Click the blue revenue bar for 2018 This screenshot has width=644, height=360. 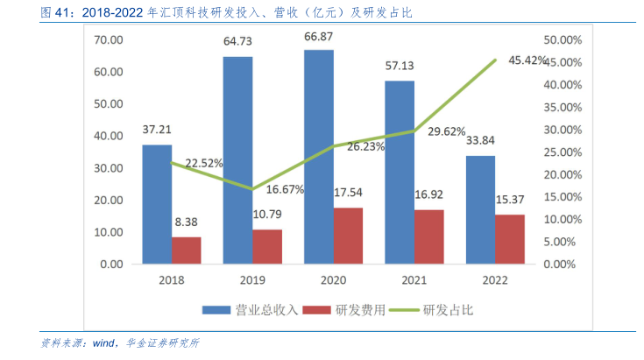pyautogui.click(x=157, y=204)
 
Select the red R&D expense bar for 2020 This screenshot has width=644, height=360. pyautogui.click(x=348, y=236)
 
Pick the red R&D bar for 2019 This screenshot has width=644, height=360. pyautogui.click(x=267, y=246)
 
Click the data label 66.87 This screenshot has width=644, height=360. pyautogui.click(x=320, y=36)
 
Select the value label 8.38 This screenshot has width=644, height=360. pyautogui.click(x=186, y=222)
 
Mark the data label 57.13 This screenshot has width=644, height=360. pyautogui.click(x=400, y=66)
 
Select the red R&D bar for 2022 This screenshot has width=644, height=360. pyautogui.click(x=510, y=239)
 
